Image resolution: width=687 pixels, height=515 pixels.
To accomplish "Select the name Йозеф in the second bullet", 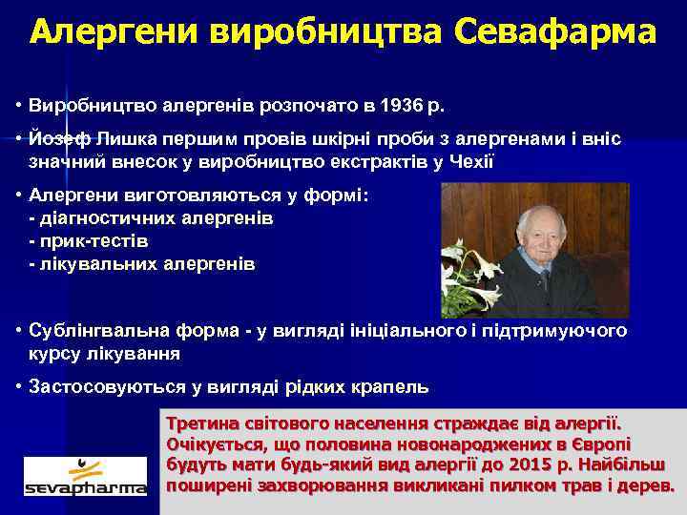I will (57, 140).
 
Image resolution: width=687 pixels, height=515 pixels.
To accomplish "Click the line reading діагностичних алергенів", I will (152, 218).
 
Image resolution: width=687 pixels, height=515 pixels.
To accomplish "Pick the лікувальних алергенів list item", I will (143, 262).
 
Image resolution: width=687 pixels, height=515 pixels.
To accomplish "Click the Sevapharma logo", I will (85, 476).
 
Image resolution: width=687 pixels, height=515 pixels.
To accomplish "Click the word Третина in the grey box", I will (203, 422).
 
